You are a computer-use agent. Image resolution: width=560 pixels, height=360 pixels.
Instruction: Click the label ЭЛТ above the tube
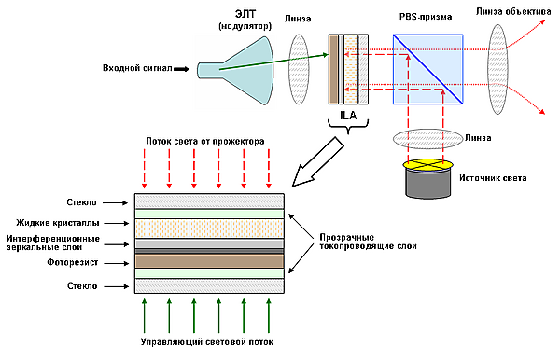tap(245, 14)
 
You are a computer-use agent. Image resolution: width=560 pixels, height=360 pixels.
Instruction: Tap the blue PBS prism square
tap(427, 69)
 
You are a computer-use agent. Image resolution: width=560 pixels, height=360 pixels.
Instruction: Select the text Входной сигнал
tap(137, 68)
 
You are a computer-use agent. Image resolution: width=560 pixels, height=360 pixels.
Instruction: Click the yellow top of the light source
tap(427, 165)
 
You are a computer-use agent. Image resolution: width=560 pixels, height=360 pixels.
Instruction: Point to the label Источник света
tap(493, 178)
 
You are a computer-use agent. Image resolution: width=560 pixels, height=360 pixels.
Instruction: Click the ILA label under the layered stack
tap(348, 116)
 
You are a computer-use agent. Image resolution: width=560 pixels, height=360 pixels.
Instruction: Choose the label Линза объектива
tap(513, 12)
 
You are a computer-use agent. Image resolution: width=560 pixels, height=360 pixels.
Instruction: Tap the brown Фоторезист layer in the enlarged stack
tap(209, 261)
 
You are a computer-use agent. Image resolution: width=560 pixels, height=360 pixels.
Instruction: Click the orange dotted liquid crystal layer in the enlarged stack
tap(209, 228)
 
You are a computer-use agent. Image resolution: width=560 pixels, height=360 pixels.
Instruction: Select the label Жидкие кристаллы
tap(58, 223)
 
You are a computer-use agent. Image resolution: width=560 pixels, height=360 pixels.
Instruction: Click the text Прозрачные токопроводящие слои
tap(368, 242)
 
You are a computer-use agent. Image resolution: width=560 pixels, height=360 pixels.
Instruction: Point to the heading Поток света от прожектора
tap(205, 141)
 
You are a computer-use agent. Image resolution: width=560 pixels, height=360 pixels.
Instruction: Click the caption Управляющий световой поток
tap(207, 342)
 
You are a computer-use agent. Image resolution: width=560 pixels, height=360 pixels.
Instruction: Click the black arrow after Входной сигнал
tap(182, 69)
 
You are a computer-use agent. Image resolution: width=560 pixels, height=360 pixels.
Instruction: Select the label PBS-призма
tap(426, 17)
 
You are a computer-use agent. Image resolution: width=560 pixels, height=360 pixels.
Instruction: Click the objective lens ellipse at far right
tap(497, 69)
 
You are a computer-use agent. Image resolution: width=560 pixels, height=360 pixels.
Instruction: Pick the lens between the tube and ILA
tap(299, 69)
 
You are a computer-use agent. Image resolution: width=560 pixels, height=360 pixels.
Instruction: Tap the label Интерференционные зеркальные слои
tap(53, 242)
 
